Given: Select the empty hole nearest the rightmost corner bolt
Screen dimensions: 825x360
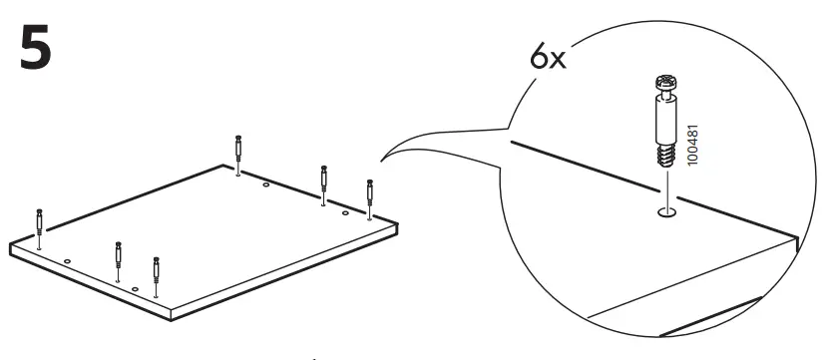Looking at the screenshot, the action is (x=345, y=211).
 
